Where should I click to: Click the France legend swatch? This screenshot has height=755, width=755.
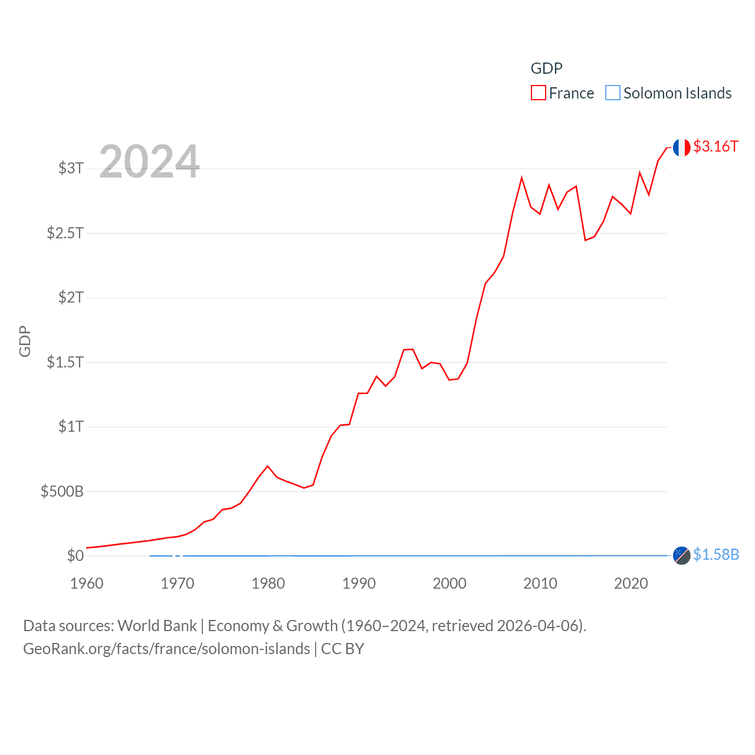click(538, 93)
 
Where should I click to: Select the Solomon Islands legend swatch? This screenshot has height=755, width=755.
click(613, 93)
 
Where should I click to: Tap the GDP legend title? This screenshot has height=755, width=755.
click(546, 68)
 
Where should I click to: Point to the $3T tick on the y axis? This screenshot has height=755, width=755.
click(71, 168)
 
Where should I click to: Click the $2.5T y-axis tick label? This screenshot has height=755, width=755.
click(65, 233)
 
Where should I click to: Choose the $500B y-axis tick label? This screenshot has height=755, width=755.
click(62, 491)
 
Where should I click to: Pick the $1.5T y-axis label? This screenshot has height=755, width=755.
click(65, 362)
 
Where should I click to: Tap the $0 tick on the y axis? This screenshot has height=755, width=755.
click(75, 556)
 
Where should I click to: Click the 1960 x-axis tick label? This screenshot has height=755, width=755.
click(87, 583)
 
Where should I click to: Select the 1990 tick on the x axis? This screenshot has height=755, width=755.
click(359, 583)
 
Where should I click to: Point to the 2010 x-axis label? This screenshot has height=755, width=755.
click(540, 583)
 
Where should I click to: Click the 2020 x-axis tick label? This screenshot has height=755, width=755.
click(631, 583)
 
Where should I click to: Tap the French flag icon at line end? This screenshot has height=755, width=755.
click(681, 147)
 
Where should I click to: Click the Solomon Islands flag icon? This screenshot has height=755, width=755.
click(681, 556)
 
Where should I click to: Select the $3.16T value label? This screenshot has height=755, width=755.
click(715, 146)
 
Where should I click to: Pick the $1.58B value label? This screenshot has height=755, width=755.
click(716, 554)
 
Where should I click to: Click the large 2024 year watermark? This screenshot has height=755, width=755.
click(149, 162)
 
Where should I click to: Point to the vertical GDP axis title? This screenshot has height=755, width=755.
click(25, 341)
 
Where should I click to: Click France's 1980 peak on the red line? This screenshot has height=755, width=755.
click(268, 466)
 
